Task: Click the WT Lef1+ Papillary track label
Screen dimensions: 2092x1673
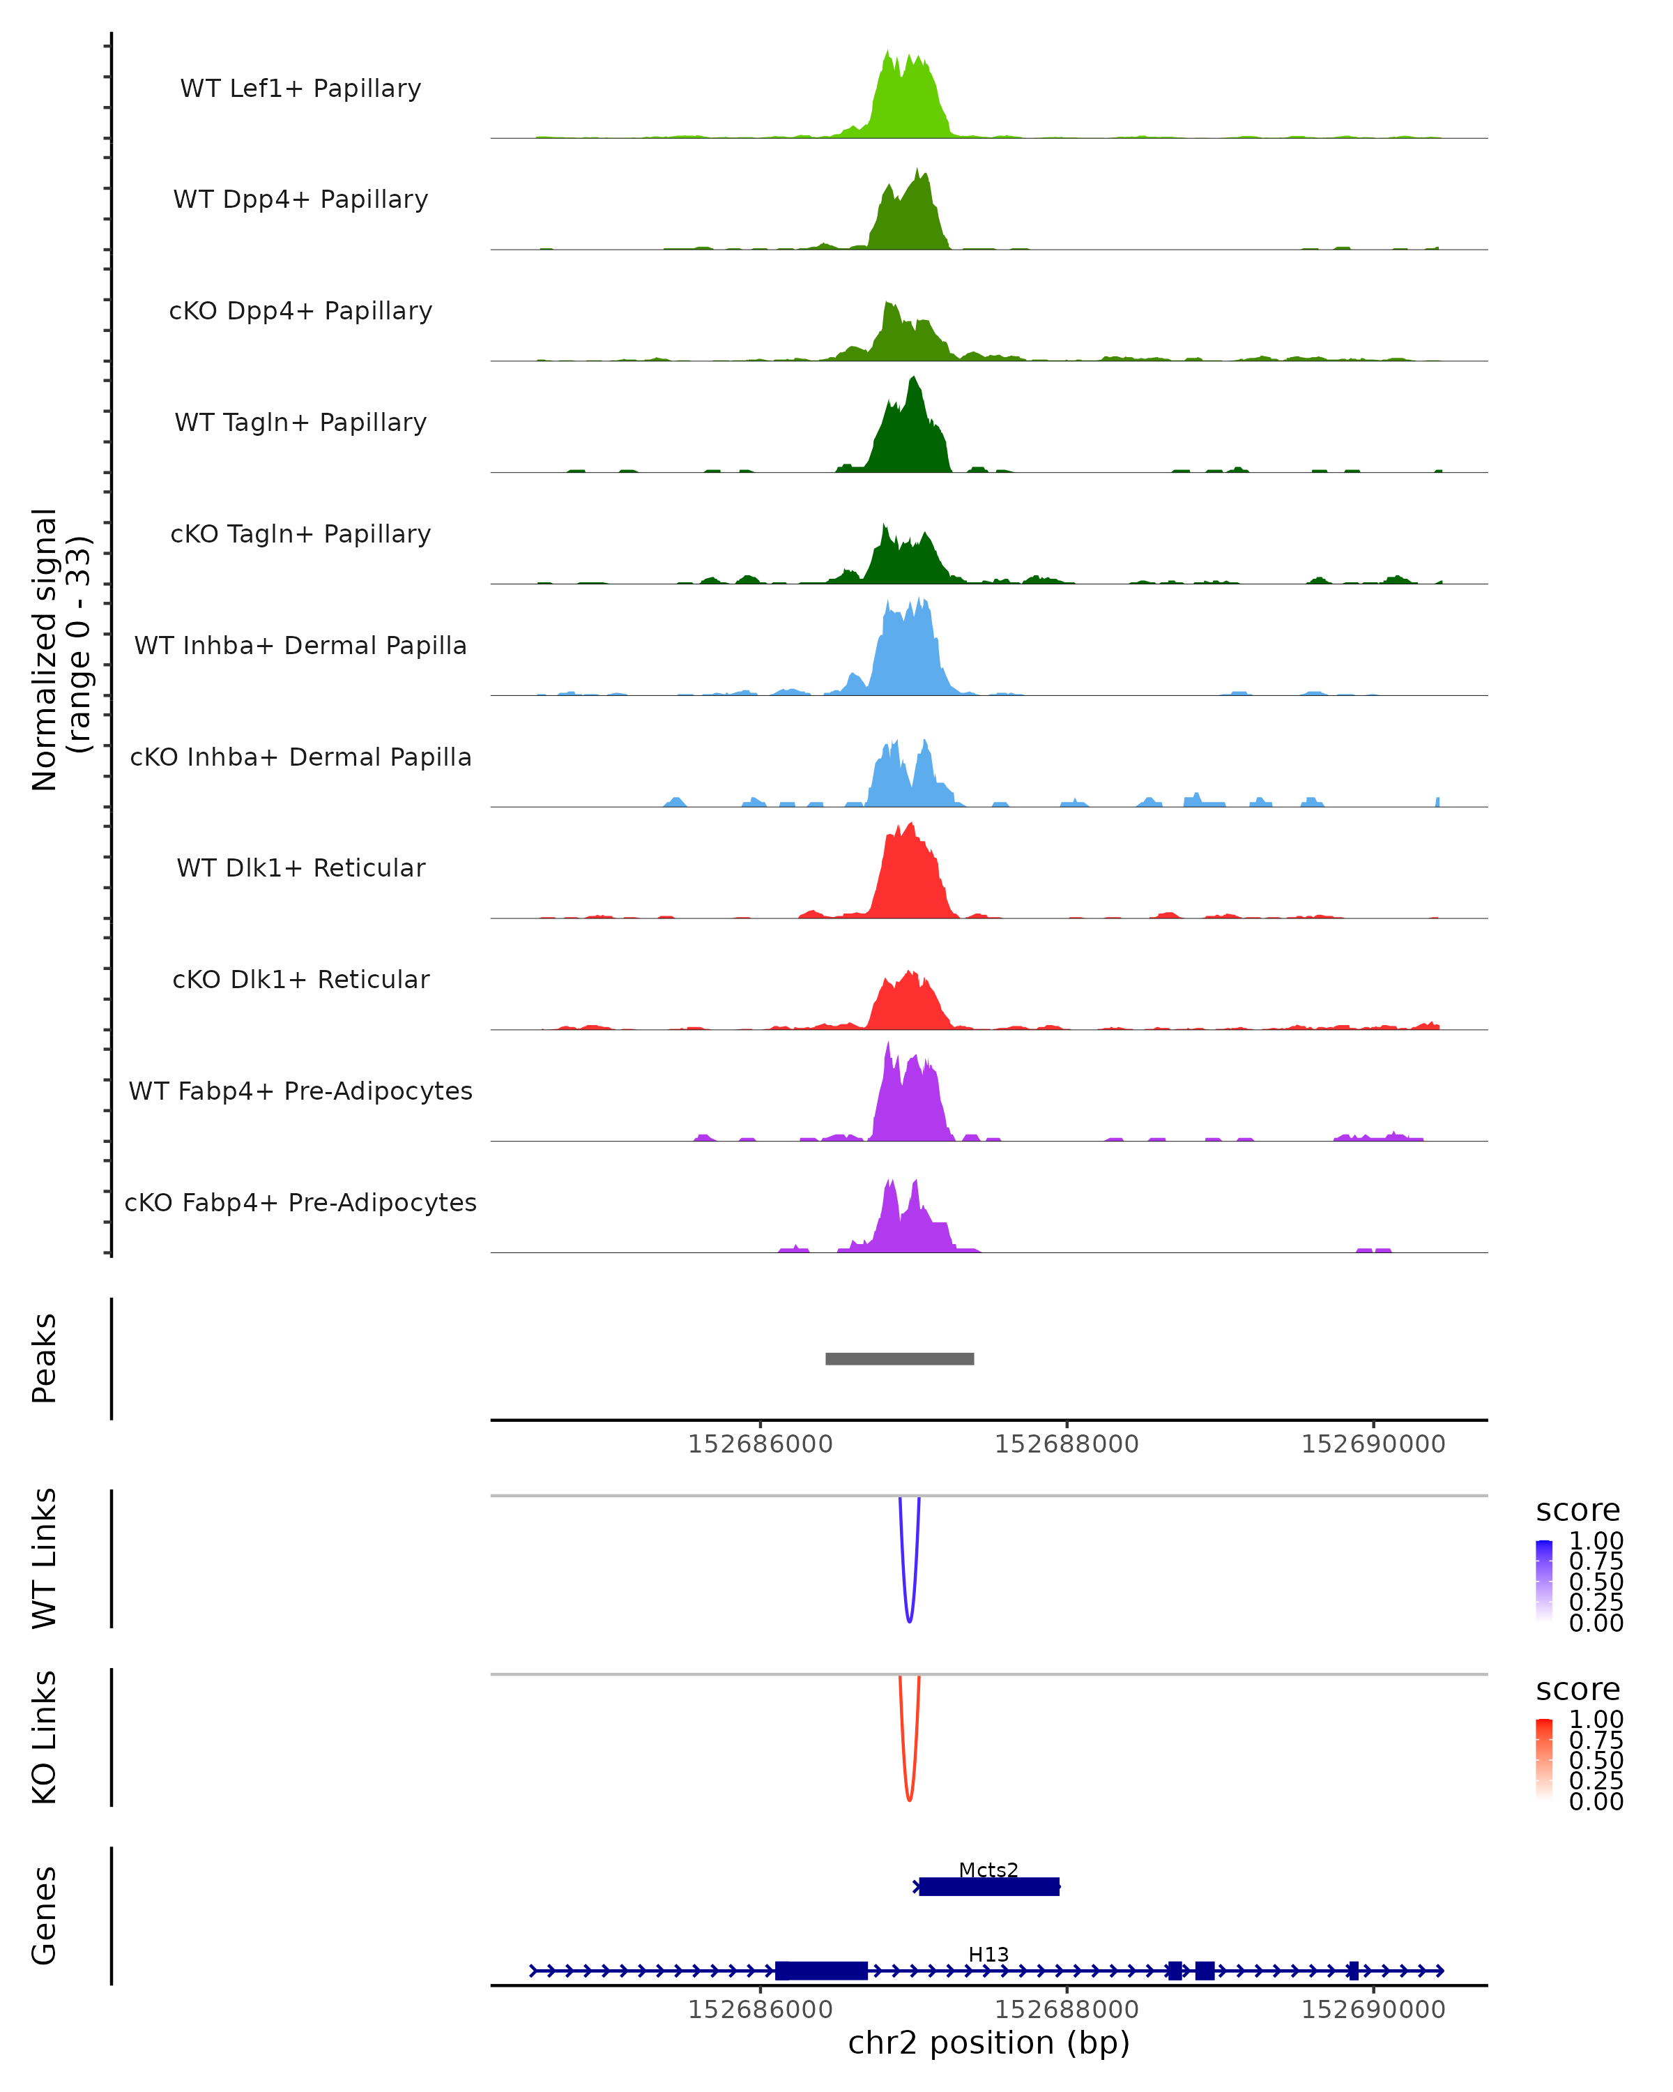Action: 300,89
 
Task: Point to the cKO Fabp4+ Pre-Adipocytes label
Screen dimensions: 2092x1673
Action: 300,1202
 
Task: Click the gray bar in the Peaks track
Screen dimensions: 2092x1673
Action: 899,1358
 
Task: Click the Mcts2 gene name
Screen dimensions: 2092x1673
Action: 988,1870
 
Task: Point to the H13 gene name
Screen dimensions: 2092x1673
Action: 988,1954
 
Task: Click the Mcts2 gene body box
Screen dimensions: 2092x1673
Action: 988,1886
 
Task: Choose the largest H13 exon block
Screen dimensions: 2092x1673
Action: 820,1971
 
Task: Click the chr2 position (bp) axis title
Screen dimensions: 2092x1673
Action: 988,2042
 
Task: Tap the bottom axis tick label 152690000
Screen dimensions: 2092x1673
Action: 1373,2010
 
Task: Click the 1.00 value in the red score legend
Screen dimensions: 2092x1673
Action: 1596,1720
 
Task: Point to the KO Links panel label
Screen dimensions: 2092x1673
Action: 45,1737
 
